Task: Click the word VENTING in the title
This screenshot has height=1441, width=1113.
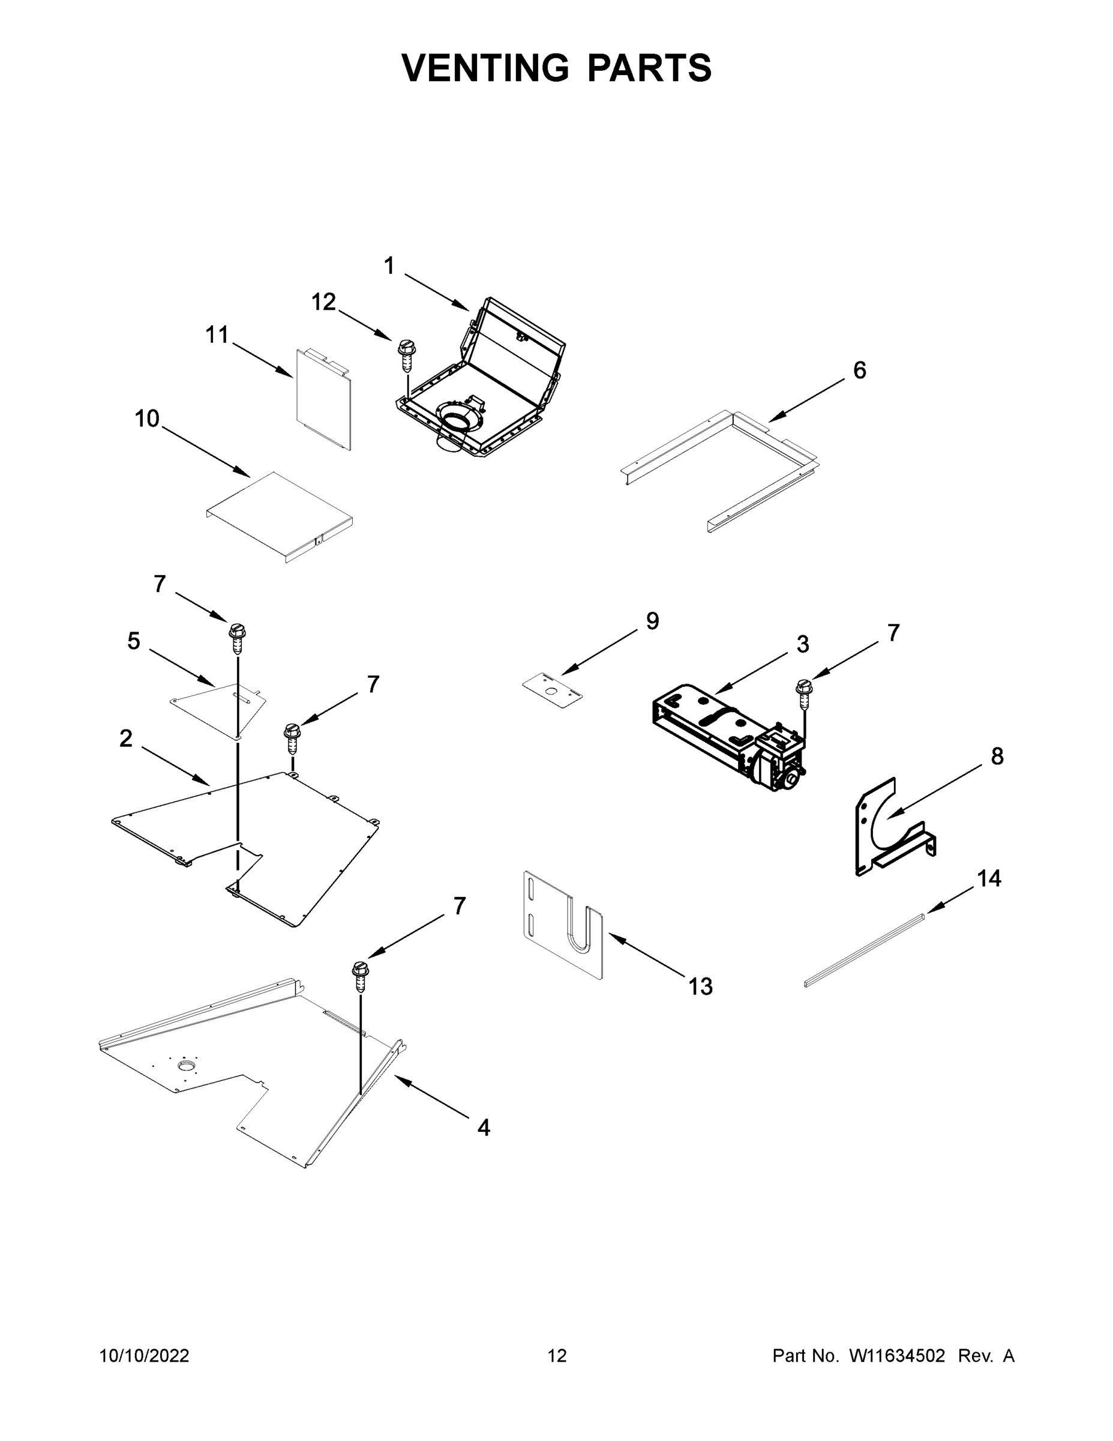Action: tap(485, 68)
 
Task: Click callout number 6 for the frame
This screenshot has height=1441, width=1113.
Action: tap(859, 371)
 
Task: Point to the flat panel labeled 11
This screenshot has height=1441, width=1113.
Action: tap(323, 402)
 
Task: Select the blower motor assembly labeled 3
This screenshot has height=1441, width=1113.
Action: tap(728, 736)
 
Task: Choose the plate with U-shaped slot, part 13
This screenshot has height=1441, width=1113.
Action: tap(564, 923)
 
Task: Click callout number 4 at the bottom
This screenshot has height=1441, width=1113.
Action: tap(484, 1128)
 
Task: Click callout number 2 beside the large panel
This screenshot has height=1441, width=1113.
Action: tap(126, 739)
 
